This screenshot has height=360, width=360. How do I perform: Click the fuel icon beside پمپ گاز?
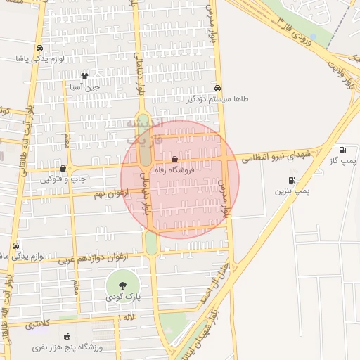tap(342, 150)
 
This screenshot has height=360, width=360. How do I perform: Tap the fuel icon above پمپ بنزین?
tap(292, 181)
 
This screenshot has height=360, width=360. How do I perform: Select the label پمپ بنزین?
tap(292, 191)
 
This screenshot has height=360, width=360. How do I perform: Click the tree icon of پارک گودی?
tap(123, 285)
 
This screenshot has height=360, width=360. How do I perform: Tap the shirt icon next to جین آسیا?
tap(85, 77)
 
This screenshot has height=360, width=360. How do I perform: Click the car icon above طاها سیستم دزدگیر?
tap(218, 89)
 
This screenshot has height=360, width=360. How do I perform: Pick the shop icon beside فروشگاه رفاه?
tap(174, 160)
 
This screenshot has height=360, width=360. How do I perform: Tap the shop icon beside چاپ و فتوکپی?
tap(63, 169)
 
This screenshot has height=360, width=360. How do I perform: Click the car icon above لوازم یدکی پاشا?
tap(39, 49)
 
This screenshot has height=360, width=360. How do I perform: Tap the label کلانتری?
tap(39, 326)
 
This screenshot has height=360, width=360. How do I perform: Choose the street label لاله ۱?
tap(127, 319)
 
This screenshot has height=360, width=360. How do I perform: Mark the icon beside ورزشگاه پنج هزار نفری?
tap(67, 336)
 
